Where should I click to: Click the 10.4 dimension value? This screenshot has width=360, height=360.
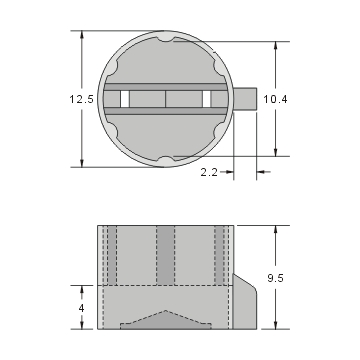(x=276, y=99)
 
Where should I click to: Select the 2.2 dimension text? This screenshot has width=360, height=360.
(x=209, y=173)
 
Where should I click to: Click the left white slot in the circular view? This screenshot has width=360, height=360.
(x=125, y=99)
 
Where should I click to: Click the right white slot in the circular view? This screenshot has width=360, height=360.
(x=209, y=99)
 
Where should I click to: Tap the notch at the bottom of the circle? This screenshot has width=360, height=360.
(x=166, y=160)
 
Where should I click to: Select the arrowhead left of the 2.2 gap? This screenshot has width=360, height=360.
(x=231, y=173)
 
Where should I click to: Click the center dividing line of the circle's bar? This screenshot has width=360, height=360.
(x=166, y=99)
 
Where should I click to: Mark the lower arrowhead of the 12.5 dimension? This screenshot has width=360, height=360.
(x=83, y=163)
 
